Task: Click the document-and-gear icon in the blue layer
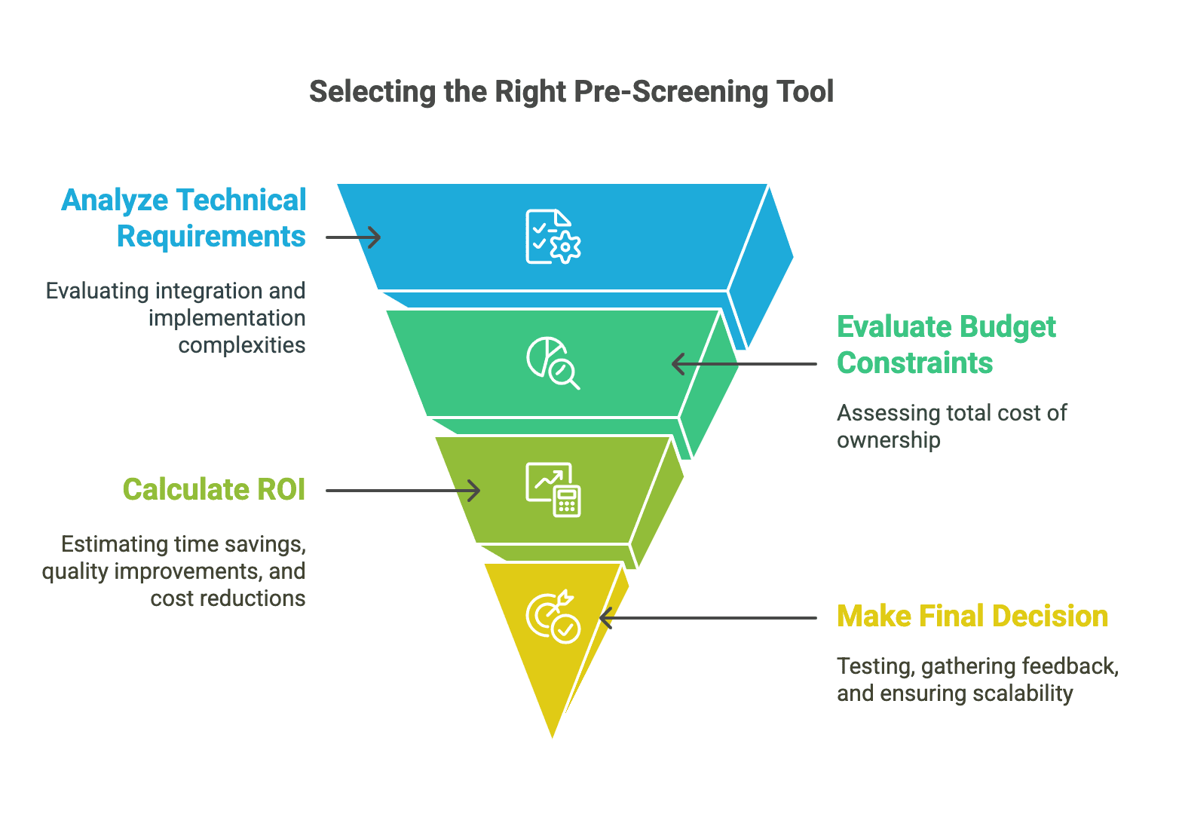click(x=553, y=237)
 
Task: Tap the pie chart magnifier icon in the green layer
click(x=553, y=363)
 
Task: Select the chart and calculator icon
click(x=553, y=490)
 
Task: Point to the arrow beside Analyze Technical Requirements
click(x=354, y=237)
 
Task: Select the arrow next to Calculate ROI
click(x=403, y=491)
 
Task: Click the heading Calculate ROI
click(x=214, y=490)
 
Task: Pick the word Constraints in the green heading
click(x=914, y=363)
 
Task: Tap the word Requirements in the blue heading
click(x=211, y=237)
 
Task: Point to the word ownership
click(x=888, y=440)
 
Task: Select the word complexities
click(x=242, y=345)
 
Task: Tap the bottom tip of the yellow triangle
click(x=553, y=734)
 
